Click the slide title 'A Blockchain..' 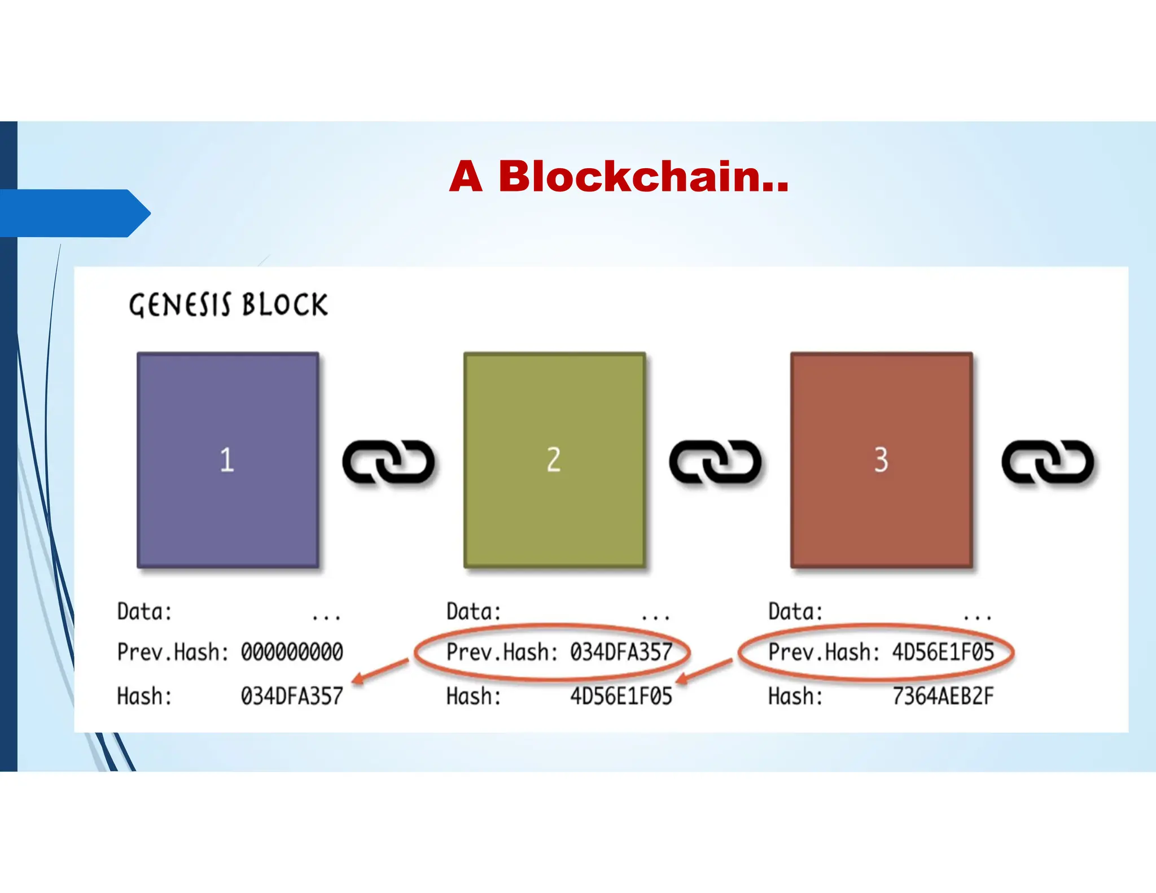click(x=619, y=177)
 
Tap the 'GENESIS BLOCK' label click(x=228, y=305)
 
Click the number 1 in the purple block click(x=227, y=459)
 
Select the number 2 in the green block click(x=554, y=459)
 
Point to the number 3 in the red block click(x=881, y=459)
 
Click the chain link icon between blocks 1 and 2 click(x=388, y=462)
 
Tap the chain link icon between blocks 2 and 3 click(x=715, y=462)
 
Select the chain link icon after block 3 click(x=1048, y=462)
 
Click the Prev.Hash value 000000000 click(x=292, y=652)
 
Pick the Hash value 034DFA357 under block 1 click(x=292, y=696)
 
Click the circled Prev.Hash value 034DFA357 click(x=621, y=652)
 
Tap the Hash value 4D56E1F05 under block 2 click(x=621, y=696)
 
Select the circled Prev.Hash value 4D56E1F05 click(x=943, y=652)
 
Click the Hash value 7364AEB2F click(x=943, y=696)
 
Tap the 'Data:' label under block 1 click(x=144, y=612)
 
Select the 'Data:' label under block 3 click(x=795, y=612)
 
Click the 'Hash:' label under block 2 click(x=474, y=696)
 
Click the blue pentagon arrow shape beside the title click(x=73, y=213)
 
